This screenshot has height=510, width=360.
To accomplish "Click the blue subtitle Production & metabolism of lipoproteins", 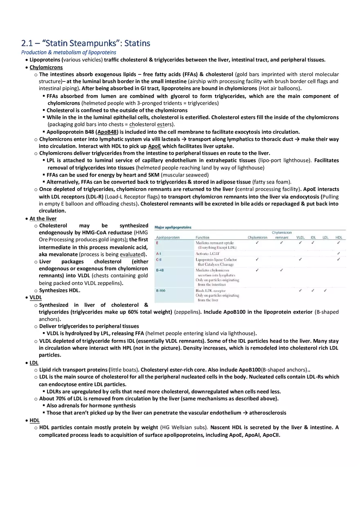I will (x=68, y=52).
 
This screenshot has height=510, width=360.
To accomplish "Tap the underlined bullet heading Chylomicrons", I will (x=46, y=67).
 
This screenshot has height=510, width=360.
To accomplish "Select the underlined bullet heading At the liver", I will (x=43, y=218).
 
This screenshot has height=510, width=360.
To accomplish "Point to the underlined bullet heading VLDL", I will (x=36, y=297).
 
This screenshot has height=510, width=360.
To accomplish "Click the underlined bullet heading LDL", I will (x=34, y=362).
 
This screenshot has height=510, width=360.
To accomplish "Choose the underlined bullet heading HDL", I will (x=34, y=420).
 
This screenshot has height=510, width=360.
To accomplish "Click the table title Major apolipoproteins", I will (x=173, y=227).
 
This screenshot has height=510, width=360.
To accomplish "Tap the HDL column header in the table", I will (x=339, y=237).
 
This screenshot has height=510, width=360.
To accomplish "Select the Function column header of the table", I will (x=202, y=237).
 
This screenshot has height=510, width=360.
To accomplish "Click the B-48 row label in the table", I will (x=160, y=270).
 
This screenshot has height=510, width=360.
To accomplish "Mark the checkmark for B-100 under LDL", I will (x=325, y=290).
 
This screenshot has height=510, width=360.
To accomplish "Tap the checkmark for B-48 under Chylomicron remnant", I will (x=281, y=270).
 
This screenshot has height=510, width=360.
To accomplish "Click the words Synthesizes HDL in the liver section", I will (x=60, y=290).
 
